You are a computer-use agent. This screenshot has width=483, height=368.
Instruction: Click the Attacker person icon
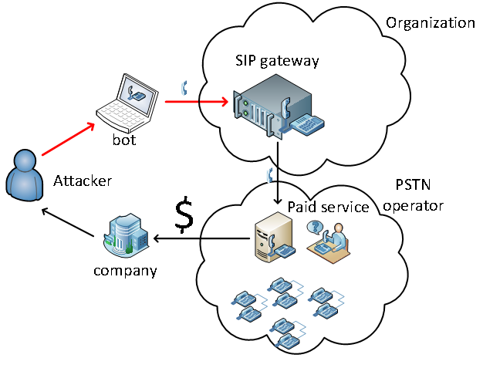[x=25, y=175]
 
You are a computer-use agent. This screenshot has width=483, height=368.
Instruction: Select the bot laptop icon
[x=127, y=101]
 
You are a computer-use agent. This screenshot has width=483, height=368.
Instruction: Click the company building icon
[x=126, y=234]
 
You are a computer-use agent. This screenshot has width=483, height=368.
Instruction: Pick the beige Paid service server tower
[x=274, y=237]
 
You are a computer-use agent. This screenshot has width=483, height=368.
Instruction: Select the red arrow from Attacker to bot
[x=68, y=139]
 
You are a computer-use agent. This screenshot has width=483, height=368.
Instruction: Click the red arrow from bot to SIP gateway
[x=197, y=101]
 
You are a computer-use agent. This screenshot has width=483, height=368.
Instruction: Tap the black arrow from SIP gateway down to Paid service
[x=278, y=173]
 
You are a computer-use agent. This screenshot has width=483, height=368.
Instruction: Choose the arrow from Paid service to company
[x=201, y=238]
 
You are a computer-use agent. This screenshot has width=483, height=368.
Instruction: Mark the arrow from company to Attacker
[x=68, y=222]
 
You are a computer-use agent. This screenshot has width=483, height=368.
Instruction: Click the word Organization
[x=431, y=23]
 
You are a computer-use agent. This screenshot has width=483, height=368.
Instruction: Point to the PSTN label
[x=413, y=184]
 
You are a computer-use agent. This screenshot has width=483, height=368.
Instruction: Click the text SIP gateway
[x=277, y=61]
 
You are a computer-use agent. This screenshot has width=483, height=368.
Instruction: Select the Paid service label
[x=328, y=207]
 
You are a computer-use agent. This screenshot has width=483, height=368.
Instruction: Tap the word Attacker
[x=83, y=181]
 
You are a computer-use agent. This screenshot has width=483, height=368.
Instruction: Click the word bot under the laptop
[x=124, y=140]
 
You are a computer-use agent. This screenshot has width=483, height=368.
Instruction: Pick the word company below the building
[x=125, y=271]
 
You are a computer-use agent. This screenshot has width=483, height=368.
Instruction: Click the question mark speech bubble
[x=315, y=228]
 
